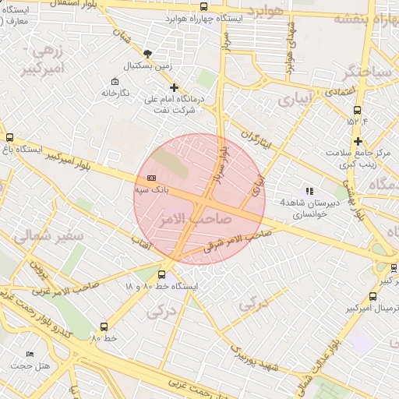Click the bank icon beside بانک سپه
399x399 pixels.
pyautogui.click(x=150, y=179)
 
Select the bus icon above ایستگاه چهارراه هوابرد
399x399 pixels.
pyautogui.click(x=203, y=6)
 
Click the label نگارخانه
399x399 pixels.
pyautogui.click(x=115, y=94)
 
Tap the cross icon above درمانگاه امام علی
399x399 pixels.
pyautogui.click(x=174, y=87)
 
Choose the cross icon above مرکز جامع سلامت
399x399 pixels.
pyautogui.click(x=358, y=141)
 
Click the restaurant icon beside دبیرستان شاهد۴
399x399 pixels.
pyautogui.click(x=309, y=190)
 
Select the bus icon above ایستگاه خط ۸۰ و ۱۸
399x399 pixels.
pyautogui.click(x=161, y=274)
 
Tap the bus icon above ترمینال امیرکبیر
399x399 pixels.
pyautogui.click(x=373, y=297)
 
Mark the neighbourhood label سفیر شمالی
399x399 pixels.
pyautogui.click(x=34, y=233)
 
